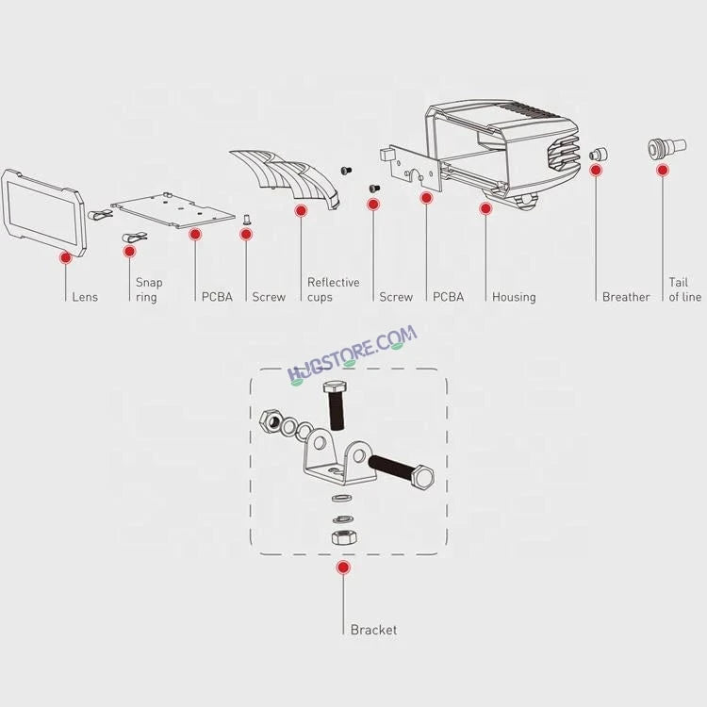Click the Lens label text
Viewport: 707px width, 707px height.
pyautogui.click(x=85, y=297)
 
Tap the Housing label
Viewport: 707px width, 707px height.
pyautogui.click(x=514, y=297)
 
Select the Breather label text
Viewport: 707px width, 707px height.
pyautogui.click(x=626, y=297)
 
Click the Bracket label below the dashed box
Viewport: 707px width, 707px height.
pyautogui.click(x=374, y=630)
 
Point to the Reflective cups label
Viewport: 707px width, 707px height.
pyautogui.click(x=333, y=289)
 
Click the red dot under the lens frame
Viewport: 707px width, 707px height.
pyautogui.click(x=66, y=257)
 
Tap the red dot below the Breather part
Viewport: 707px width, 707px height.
pyautogui.click(x=596, y=170)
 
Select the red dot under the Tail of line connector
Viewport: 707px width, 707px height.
pyautogui.click(x=663, y=170)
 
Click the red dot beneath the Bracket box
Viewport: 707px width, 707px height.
pyautogui.click(x=343, y=567)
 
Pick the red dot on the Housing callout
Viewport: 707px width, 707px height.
pyautogui.click(x=485, y=208)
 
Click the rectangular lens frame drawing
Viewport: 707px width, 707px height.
pyautogui.click(x=43, y=213)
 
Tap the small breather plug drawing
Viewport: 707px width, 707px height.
pyautogui.click(x=599, y=154)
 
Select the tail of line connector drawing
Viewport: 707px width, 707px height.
pyautogui.click(x=666, y=148)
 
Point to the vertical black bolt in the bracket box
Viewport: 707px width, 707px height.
pyautogui.click(x=335, y=405)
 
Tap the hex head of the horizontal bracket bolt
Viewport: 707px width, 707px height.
pyautogui.click(x=423, y=477)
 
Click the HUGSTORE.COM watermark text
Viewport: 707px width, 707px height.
pyautogui.click(x=353, y=353)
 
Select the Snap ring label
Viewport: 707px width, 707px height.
pyautogui.click(x=149, y=289)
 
